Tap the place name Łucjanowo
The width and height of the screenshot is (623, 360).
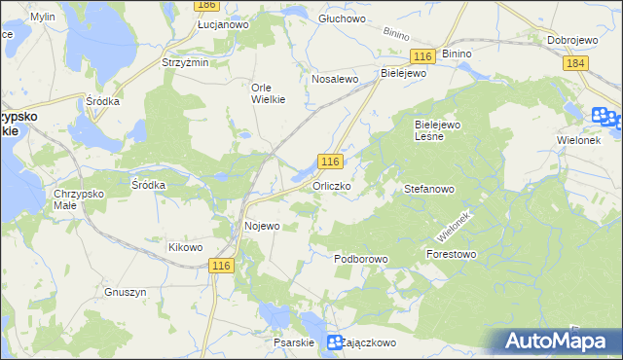(x=223, y=24)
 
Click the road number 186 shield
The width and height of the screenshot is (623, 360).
(x=205, y=5)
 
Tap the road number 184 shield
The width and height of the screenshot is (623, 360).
(x=575, y=62)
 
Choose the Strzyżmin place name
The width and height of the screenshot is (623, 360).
(x=185, y=62)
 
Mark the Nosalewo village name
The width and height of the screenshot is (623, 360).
(x=336, y=80)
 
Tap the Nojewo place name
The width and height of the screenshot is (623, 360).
(x=260, y=226)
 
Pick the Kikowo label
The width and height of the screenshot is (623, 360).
(x=185, y=247)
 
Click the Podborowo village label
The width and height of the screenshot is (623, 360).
(x=361, y=260)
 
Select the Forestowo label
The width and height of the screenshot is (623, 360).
(x=451, y=254)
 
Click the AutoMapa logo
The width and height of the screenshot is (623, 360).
(x=559, y=341)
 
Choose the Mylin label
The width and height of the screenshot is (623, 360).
(x=42, y=18)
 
